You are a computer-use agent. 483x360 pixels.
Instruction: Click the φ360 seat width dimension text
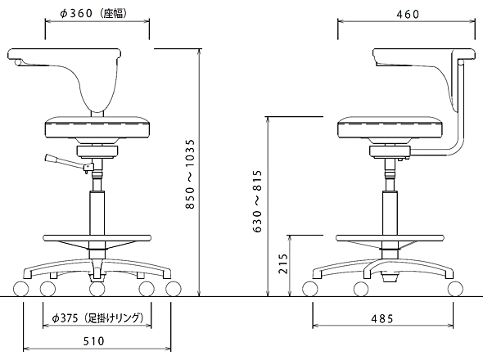(93, 13)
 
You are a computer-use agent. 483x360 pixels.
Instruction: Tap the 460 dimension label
(408, 14)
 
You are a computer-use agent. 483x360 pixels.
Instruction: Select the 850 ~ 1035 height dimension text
(191, 174)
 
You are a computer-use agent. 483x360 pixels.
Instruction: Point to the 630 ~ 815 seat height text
(257, 201)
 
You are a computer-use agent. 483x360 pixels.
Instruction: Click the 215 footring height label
(282, 263)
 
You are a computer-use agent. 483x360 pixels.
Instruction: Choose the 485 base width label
(382, 319)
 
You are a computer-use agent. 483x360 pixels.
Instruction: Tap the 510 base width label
(94, 341)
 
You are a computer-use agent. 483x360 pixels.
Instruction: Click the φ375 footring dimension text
(97, 317)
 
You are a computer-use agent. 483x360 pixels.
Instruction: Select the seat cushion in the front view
(97, 127)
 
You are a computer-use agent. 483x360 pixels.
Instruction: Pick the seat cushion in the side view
(390, 127)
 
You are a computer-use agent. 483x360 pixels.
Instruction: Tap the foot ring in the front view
(97, 238)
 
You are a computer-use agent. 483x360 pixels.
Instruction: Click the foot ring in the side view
(390, 238)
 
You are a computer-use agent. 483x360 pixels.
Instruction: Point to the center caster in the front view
(97, 289)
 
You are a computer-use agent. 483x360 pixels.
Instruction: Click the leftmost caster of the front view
(21, 289)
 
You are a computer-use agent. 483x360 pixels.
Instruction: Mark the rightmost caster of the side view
(455, 289)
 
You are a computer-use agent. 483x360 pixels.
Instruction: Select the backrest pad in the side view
(422, 57)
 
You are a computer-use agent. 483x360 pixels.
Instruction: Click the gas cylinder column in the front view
(97, 213)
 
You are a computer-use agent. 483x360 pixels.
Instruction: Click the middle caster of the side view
(361, 289)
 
